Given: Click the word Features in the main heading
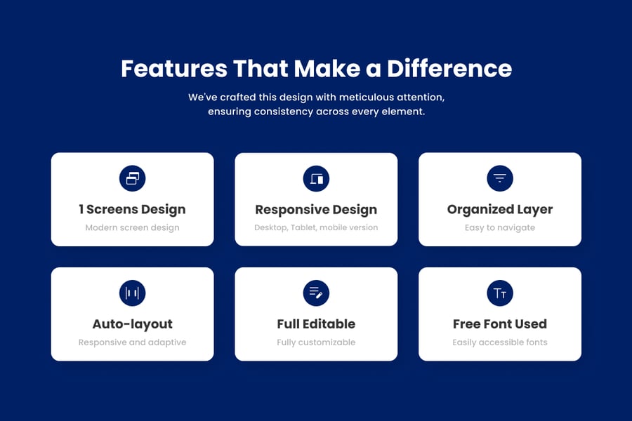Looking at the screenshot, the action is point(174,69).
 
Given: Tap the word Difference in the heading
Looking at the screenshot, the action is point(449,69).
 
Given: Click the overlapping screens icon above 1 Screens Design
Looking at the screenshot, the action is point(132,178).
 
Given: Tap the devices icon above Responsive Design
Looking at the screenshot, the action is point(316,178).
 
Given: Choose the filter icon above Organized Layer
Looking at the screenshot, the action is point(500,178).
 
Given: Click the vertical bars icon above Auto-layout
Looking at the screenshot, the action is point(132,293).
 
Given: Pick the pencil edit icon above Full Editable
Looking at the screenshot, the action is point(316,293).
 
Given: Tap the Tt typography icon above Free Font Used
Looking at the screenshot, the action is point(500,293).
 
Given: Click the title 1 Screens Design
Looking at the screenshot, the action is point(132,210).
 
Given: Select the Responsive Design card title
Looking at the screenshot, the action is point(316,210).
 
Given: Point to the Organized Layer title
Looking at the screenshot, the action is point(500,210).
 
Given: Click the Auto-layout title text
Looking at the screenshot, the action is point(132,324).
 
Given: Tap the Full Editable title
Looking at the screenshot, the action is point(316,324).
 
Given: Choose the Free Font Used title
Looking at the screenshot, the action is point(500,324).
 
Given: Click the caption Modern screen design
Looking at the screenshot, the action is point(132,227).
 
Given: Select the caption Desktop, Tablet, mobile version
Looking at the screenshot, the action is point(316,227).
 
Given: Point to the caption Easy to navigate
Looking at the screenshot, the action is point(500,227).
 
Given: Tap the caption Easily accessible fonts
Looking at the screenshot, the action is point(500,342).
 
